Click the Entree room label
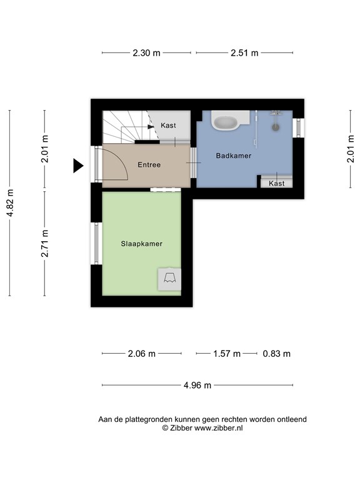click(149, 165)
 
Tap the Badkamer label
click(234, 156)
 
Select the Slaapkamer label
click(141, 244)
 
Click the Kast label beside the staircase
click(168, 126)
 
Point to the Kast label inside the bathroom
click(276, 183)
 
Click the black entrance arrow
click(78, 165)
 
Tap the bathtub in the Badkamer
click(226, 121)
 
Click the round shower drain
click(275, 127)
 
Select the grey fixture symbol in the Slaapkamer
click(169, 277)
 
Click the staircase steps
click(124, 127)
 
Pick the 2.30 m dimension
click(146, 53)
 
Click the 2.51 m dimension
click(244, 53)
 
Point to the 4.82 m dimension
click(9, 202)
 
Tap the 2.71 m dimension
click(44, 244)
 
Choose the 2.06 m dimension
click(141, 354)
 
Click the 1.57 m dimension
click(227, 354)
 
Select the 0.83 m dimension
click(276, 354)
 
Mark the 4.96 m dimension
click(197, 384)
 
